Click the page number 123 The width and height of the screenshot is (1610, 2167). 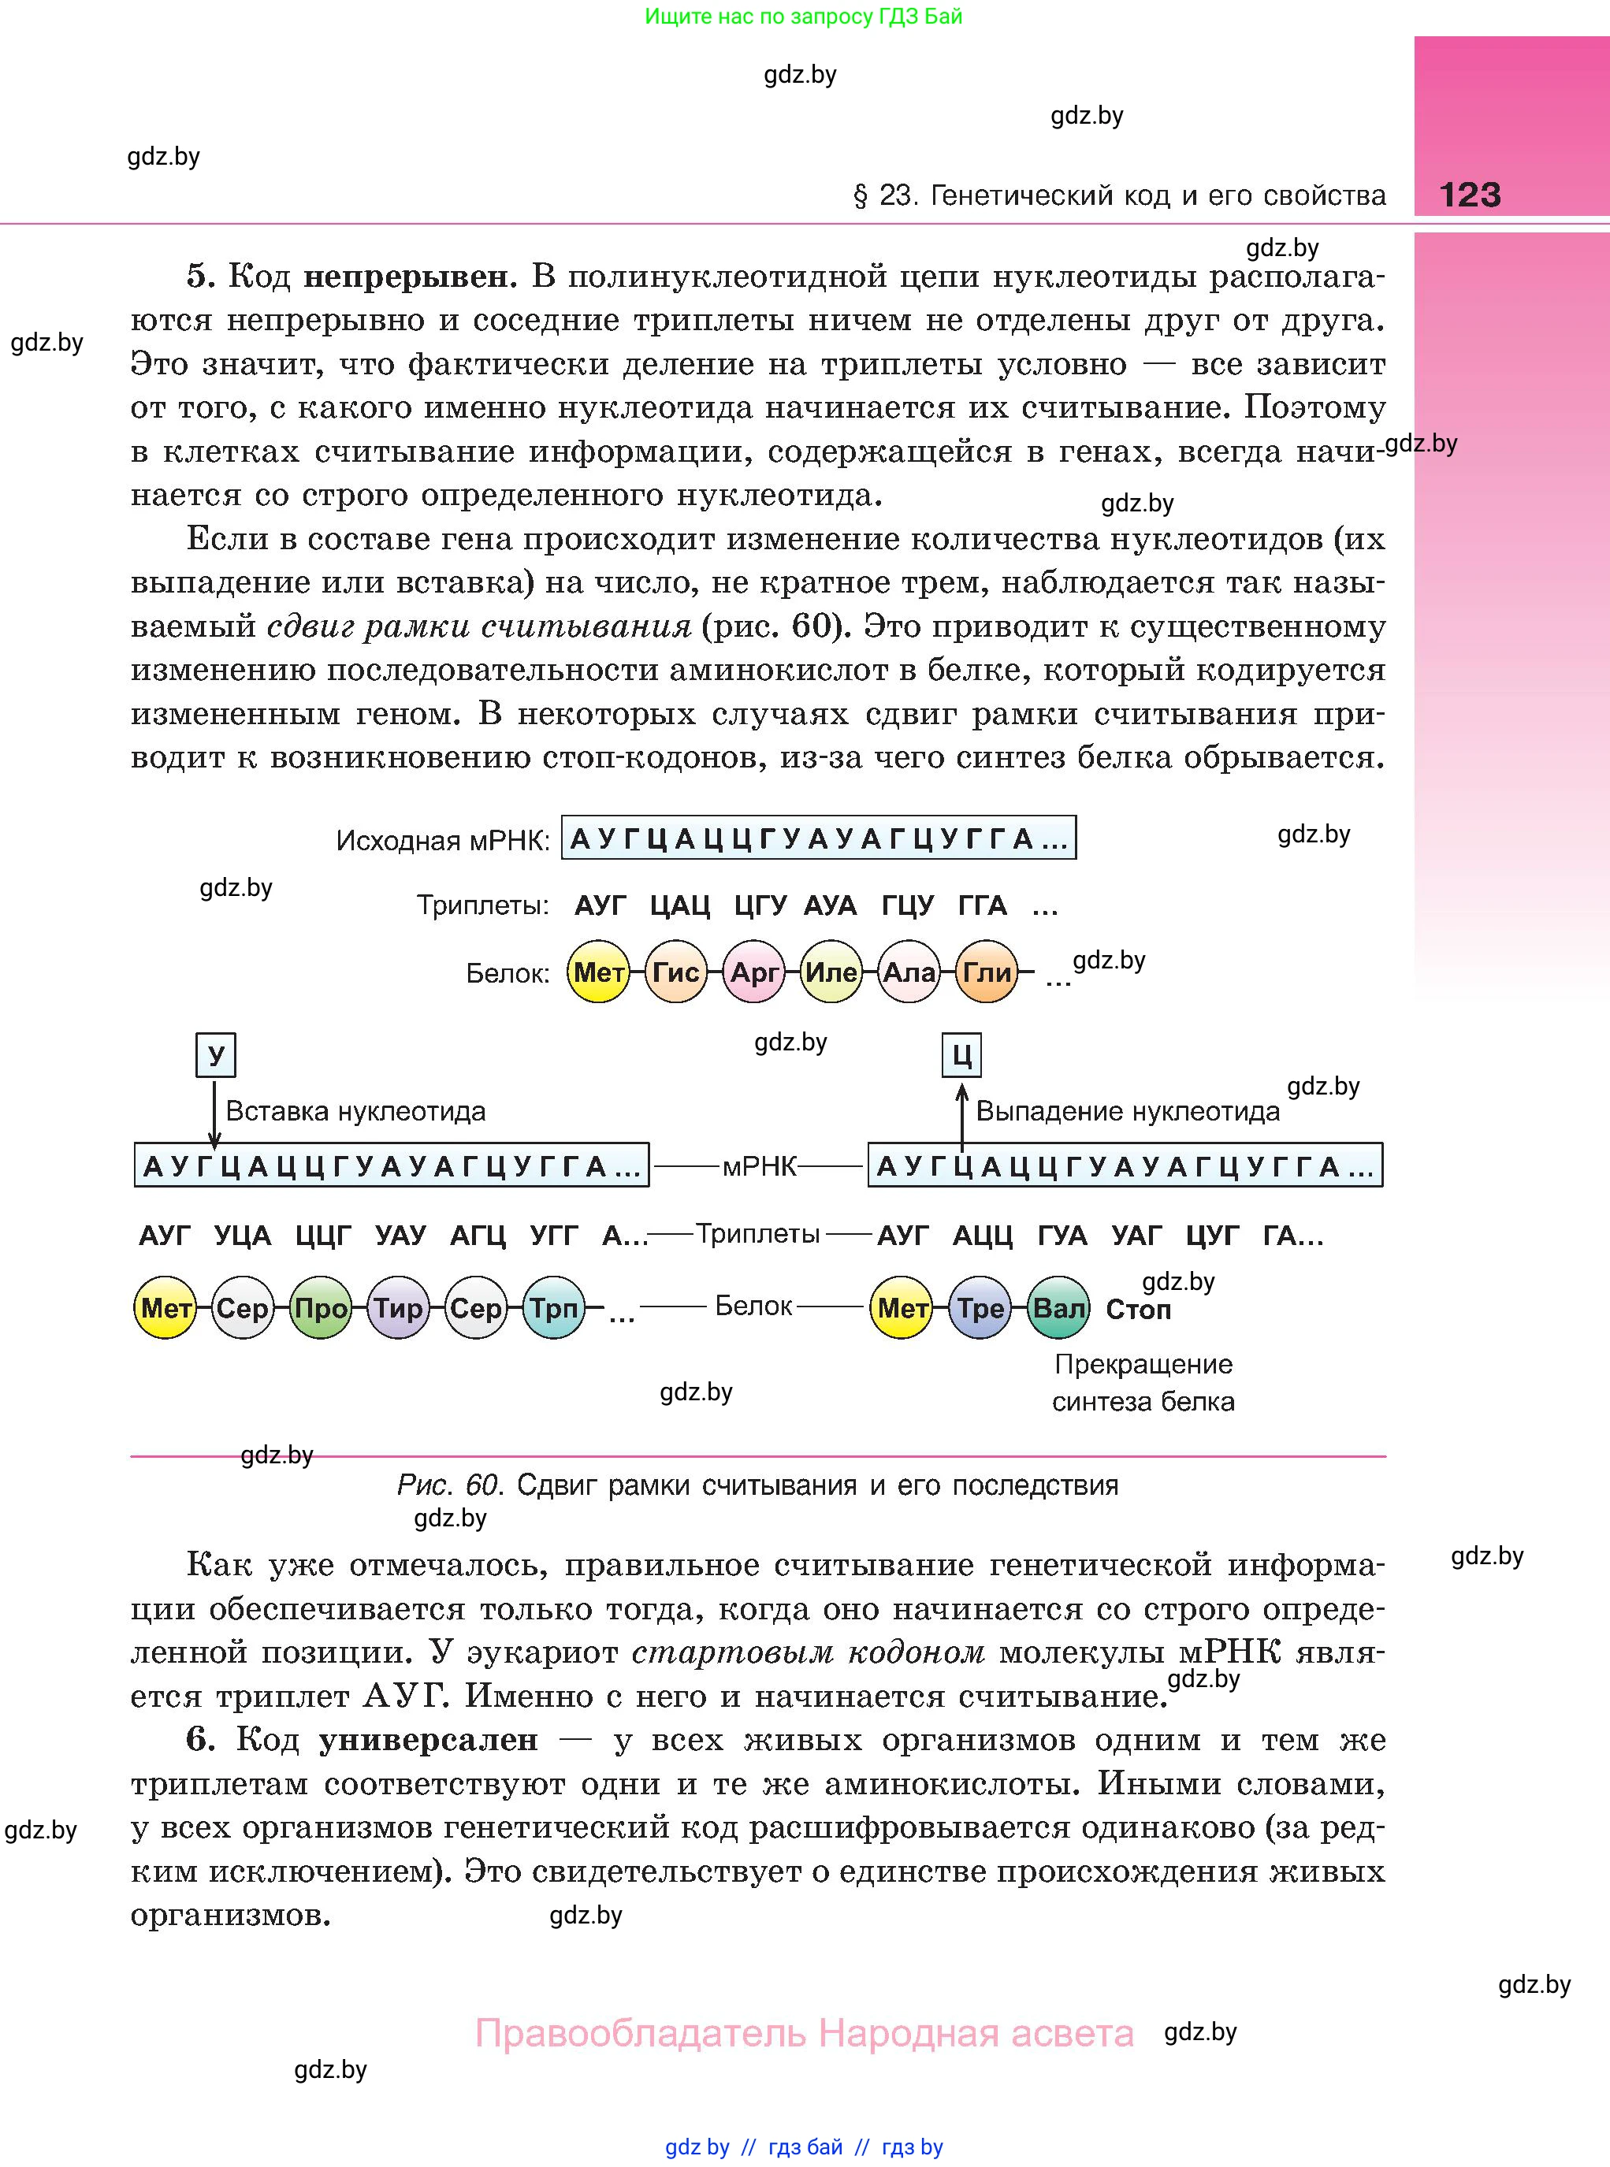pos(1470,195)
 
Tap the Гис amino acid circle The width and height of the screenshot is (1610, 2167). pos(675,972)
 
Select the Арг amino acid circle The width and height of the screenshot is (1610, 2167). pos(753,972)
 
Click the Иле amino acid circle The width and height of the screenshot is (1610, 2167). pos(831,972)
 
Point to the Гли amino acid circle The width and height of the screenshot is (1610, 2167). pos(987,972)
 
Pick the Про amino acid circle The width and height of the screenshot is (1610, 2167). pos(321,1307)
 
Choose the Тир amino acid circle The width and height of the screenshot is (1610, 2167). pos(398,1307)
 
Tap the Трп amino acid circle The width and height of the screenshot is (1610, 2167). pos(553,1307)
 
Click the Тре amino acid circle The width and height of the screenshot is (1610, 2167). pos(980,1307)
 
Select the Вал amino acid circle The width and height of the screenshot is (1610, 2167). pos(1058,1307)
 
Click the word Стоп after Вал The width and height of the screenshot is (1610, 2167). pos(1138,1310)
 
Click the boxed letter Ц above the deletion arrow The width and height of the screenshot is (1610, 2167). pos(962,1055)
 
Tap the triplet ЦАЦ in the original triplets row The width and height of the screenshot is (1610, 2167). pos(680,906)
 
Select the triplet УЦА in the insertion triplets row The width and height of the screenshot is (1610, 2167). pos(243,1236)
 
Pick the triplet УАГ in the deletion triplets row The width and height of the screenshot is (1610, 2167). pos(1136,1236)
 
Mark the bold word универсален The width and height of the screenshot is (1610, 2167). pos(429,1740)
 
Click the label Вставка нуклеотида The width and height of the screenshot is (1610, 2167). pos(355,1111)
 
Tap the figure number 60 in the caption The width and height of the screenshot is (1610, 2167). pos(482,1485)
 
